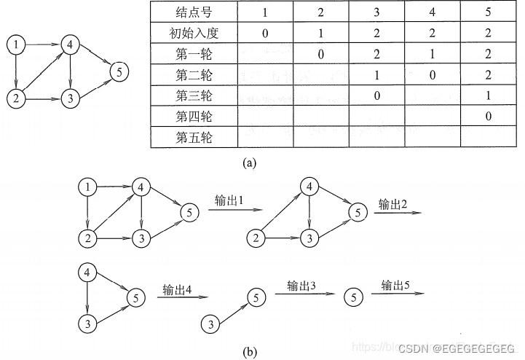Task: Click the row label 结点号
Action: click(194, 12)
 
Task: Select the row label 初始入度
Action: click(194, 33)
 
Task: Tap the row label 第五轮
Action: click(194, 137)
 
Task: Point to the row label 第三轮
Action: click(194, 95)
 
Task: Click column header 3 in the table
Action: click(376, 12)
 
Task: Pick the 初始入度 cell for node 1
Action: click(264, 33)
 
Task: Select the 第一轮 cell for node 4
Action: click(433, 54)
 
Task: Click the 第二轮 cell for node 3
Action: click(376, 74)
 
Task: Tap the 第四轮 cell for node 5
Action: click(489, 116)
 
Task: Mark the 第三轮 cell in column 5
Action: click(489, 95)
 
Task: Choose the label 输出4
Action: click(177, 289)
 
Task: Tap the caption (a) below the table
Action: click(248, 163)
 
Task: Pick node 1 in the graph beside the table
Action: click(16, 46)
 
